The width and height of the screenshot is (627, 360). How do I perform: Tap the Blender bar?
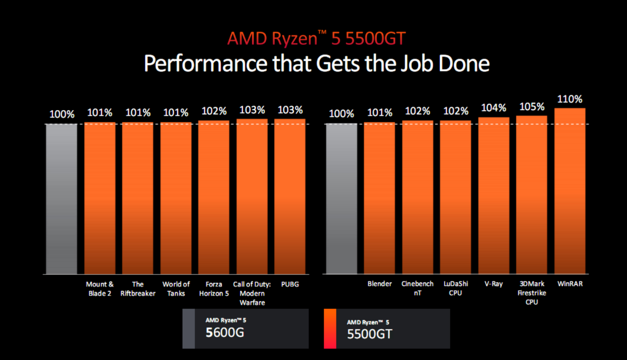[x=379, y=198]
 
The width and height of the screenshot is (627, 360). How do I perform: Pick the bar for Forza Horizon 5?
[x=214, y=197]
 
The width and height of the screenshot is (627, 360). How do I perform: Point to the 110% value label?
[x=570, y=99]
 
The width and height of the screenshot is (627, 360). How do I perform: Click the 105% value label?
[x=532, y=107]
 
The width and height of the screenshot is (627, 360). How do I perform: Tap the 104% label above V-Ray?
[x=494, y=108]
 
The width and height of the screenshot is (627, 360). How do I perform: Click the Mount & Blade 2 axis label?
[x=100, y=288]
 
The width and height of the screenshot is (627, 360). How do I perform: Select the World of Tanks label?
[x=176, y=288]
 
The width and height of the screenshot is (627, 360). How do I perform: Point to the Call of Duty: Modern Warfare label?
[x=252, y=293]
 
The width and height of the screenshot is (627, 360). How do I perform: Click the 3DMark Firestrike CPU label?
[x=532, y=293]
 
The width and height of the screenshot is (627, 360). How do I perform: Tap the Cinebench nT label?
[x=417, y=288]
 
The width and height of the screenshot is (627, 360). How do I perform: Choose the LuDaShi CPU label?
[x=455, y=288]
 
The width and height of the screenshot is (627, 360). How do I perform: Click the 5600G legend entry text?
[x=225, y=332]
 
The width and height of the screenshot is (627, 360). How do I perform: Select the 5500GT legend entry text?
[x=369, y=334]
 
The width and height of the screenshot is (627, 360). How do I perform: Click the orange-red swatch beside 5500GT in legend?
[x=330, y=328]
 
